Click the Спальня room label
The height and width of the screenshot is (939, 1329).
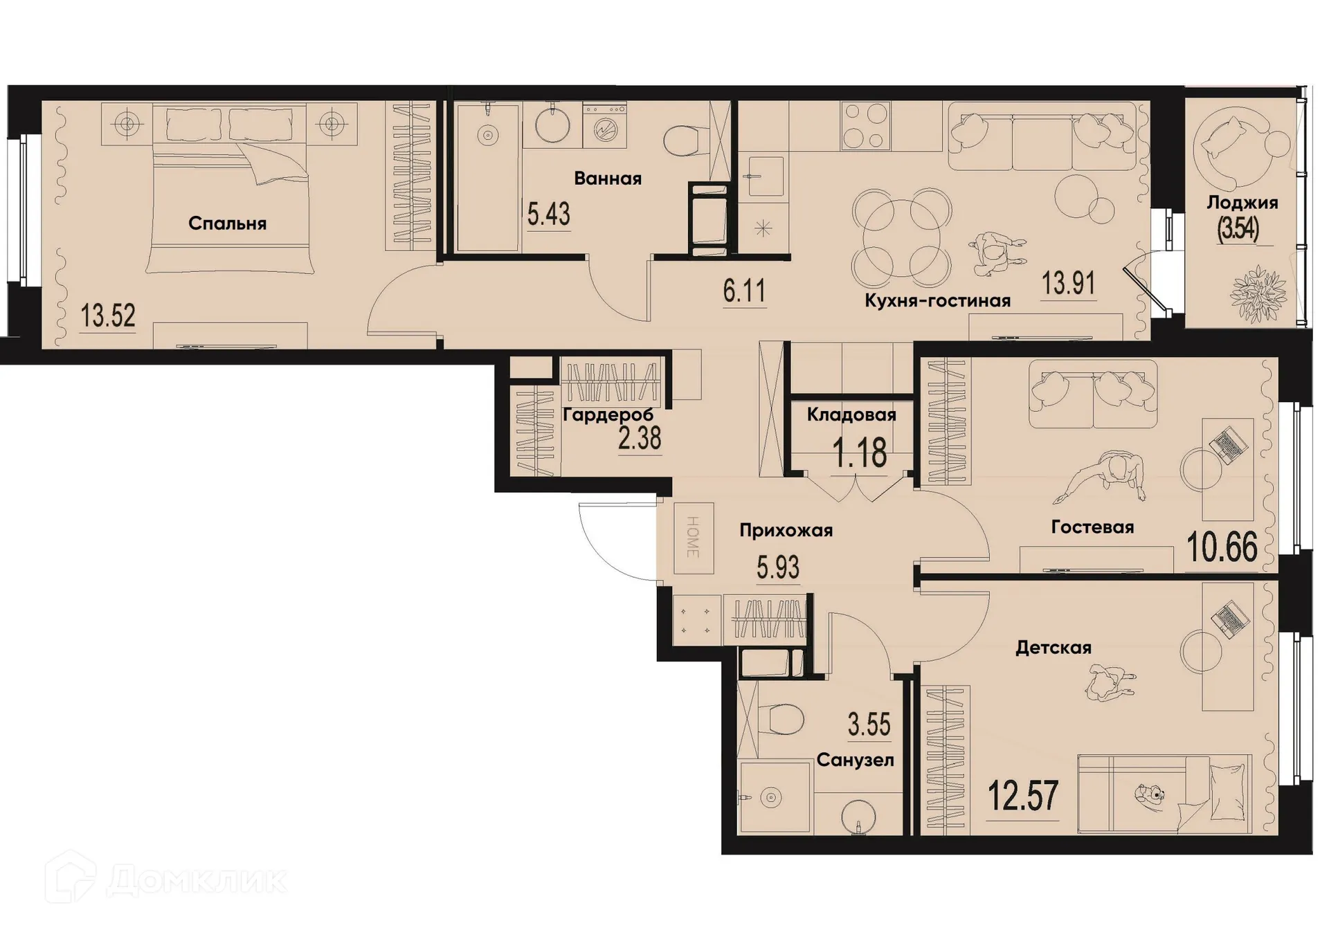(x=227, y=224)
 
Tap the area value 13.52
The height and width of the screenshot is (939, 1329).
(x=108, y=316)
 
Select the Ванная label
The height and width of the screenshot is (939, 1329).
(x=608, y=179)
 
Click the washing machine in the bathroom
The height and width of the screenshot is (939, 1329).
(x=604, y=127)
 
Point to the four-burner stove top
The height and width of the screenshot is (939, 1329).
(x=865, y=126)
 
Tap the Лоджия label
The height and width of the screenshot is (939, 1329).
(x=1242, y=203)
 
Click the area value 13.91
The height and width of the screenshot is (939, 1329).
(x=1068, y=284)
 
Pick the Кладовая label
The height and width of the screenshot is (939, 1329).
(x=851, y=414)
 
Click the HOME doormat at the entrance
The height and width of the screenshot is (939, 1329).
(x=694, y=538)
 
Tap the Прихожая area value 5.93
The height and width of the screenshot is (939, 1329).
(x=778, y=568)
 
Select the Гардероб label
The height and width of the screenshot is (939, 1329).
(x=608, y=415)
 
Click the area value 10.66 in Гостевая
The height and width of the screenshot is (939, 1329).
(x=1222, y=547)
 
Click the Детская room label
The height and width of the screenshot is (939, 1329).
(x=1053, y=648)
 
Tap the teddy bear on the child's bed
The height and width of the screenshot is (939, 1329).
(x=1150, y=794)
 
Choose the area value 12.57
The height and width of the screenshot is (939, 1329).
(x=1022, y=796)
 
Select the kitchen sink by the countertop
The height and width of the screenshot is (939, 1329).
(x=763, y=175)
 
